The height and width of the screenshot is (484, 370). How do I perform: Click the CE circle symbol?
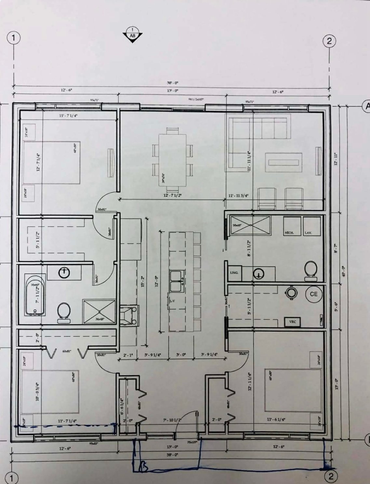[x=313, y=294]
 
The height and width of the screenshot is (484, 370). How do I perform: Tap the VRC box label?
[x=293, y=322]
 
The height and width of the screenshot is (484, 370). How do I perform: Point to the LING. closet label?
[x=234, y=272]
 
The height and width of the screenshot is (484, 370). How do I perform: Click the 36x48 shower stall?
[x=99, y=312]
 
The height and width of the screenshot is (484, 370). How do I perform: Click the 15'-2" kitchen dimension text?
[x=142, y=280]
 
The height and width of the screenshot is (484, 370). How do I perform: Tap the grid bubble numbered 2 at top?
[x=329, y=41]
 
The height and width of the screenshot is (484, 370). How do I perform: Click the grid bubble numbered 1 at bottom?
[x=12, y=478]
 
